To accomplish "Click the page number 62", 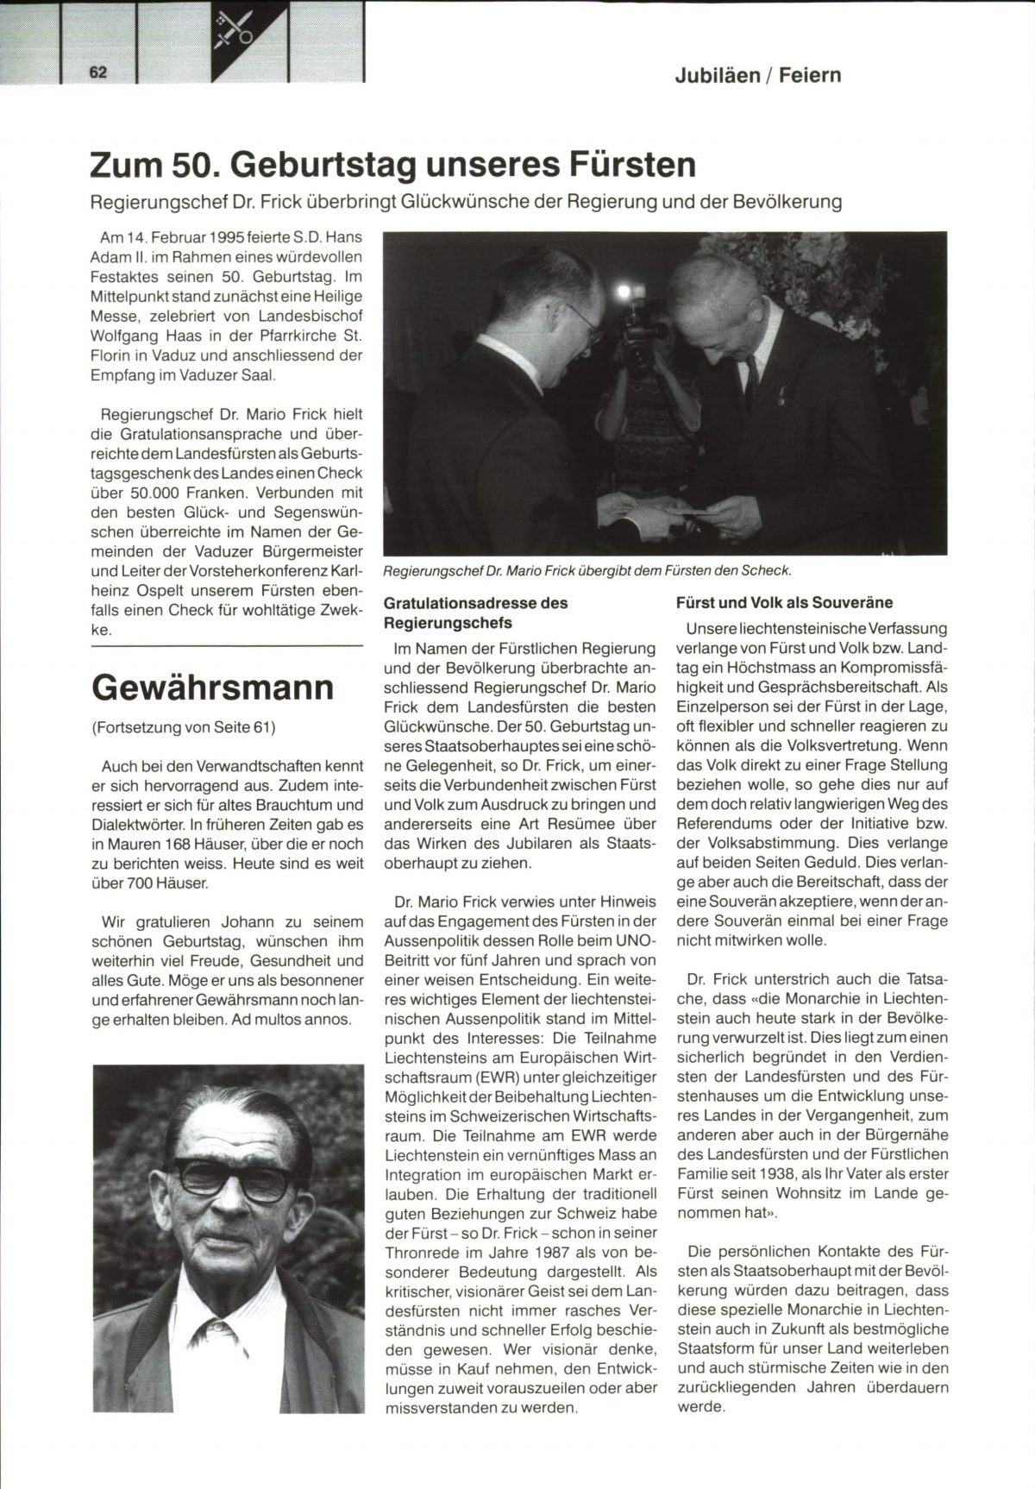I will [98, 72].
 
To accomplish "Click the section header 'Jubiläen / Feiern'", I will [757, 75].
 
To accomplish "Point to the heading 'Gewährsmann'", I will [212, 688].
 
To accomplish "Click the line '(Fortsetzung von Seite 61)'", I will [183, 727].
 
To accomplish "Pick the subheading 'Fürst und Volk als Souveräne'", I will [784, 603].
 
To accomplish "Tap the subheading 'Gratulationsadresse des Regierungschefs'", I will [475, 613].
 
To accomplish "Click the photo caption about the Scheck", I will [586, 570].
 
